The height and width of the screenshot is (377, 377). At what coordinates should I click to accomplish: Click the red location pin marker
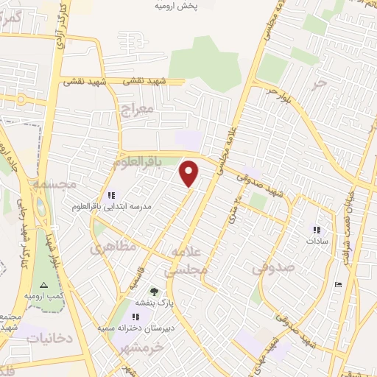coord(190,174)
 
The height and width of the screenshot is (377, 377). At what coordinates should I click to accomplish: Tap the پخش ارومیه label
coord(176,6)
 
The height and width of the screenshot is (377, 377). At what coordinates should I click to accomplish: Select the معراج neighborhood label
coord(135,110)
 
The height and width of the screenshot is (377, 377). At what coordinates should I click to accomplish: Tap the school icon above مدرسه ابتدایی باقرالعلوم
coord(111,195)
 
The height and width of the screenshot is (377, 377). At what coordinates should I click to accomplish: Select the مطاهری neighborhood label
coord(113,247)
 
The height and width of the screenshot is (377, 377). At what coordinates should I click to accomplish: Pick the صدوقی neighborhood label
coord(273,268)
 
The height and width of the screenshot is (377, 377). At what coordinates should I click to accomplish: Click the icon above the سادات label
coord(317,230)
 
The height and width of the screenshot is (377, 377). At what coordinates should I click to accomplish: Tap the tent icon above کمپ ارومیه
coord(43,284)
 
